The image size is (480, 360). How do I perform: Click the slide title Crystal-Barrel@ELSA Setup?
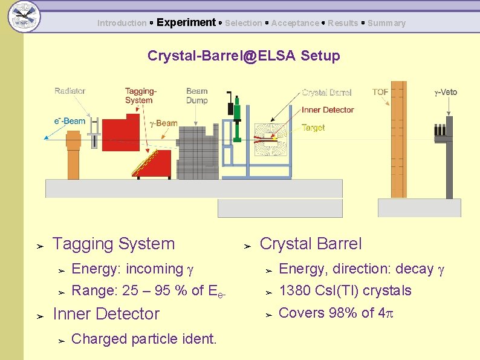pos(244,56)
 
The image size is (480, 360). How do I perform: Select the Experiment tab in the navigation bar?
pos(186,23)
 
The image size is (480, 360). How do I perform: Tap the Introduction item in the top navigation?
pos(122,24)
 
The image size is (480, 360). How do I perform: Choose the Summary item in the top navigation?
pos(386,24)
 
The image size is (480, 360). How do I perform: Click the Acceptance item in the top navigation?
pos(295,24)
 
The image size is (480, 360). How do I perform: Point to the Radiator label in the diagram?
pos(70,91)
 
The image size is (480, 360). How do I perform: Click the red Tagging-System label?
pos(140,96)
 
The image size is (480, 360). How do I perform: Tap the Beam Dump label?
pos(197,96)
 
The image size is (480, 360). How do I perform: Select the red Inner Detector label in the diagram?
pos(328,110)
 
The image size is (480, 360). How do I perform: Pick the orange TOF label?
pos(380,92)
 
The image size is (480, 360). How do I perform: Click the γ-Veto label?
pos(446,93)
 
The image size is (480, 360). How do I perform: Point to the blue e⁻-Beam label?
pos(70,121)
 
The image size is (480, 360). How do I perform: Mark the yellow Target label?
pos(313,128)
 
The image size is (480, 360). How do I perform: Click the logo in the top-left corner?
pos(24,15)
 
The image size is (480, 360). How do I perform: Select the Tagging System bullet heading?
pos(114,244)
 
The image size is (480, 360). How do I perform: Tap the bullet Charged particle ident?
pos(144,339)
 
